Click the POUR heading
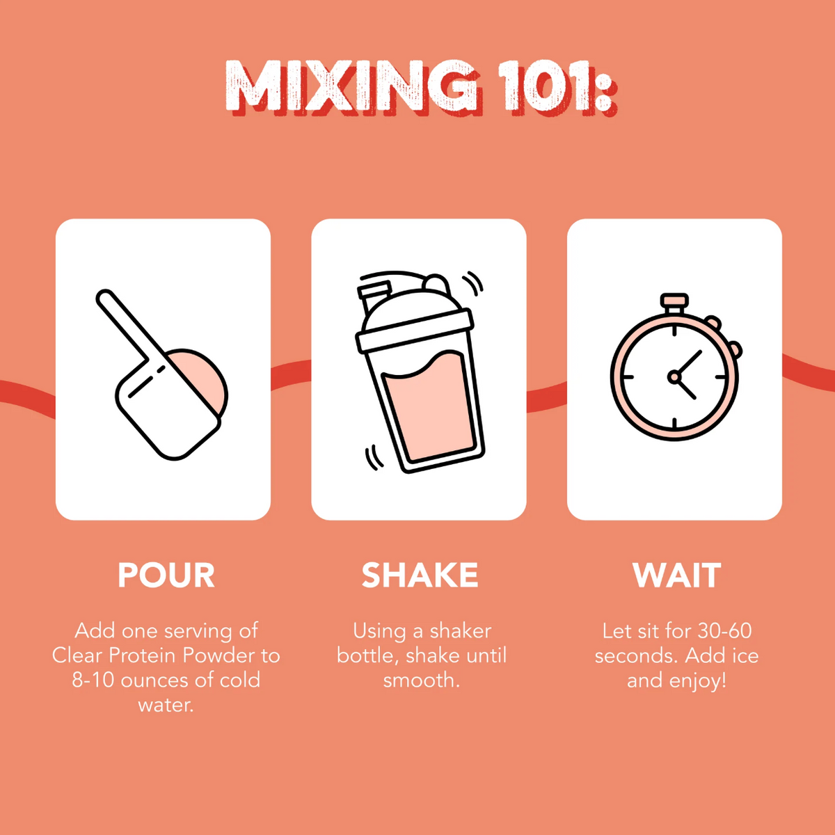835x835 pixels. (166, 575)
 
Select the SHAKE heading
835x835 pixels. (420, 575)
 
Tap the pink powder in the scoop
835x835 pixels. (203, 376)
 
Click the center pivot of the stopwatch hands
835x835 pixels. (674, 376)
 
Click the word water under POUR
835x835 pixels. (166, 705)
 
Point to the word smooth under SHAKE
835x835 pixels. (421, 680)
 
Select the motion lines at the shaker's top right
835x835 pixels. (472, 283)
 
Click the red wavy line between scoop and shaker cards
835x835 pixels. (291, 374)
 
